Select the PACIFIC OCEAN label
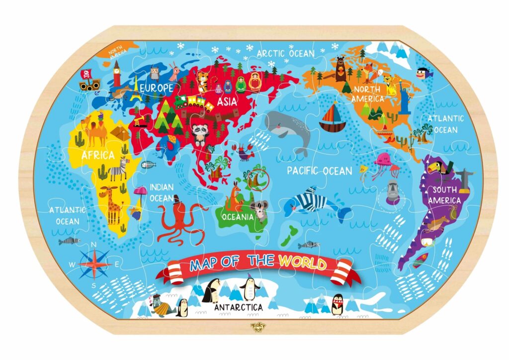pyautogui.click(x=320, y=171)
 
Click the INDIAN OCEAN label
pyautogui.click(x=162, y=192)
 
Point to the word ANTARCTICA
pyautogui.click(x=238, y=307)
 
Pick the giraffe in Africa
pyautogui.click(x=111, y=204)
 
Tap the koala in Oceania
pyautogui.click(x=259, y=211)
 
